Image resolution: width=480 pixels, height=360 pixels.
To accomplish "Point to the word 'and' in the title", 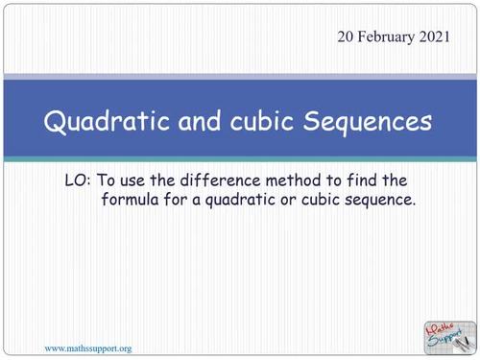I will [x=182, y=124].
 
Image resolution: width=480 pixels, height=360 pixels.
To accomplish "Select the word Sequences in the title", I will [x=360, y=124].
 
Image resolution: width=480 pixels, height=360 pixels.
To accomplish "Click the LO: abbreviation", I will [x=75, y=181].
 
